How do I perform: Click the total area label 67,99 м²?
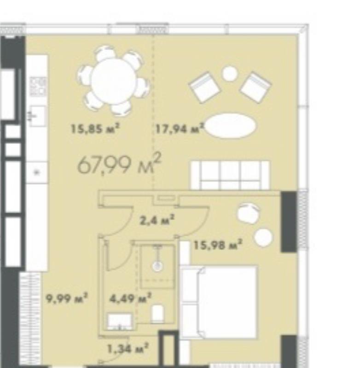click(x=120, y=163)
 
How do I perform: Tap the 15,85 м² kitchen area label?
click(x=95, y=129)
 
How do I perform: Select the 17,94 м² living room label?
click(x=180, y=129)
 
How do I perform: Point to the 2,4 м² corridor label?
click(x=157, y=220)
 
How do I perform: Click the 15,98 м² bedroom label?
click(x=218, y=245)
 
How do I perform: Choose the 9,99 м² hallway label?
click(x=67, y=298)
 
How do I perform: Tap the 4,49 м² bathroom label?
click(x=130, y=298)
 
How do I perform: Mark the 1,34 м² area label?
click(x=128, y=348)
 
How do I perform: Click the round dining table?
click(x=114, y=81)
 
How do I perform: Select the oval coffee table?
click(x=231, y=126)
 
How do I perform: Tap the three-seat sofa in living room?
click(x=230, y=175)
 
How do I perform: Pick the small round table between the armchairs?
click(x=230, y=74)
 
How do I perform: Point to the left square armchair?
click(x=204, y=88)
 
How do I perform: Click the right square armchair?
click(x=255, y=88)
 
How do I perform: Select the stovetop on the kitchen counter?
click(x=38, y=87)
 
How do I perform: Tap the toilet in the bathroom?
click(x=157, y=314)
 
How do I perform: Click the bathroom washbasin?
click(x=120, y=321)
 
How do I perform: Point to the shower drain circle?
click(x=157, y=266)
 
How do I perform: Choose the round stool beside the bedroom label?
click(x=264, y=238)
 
